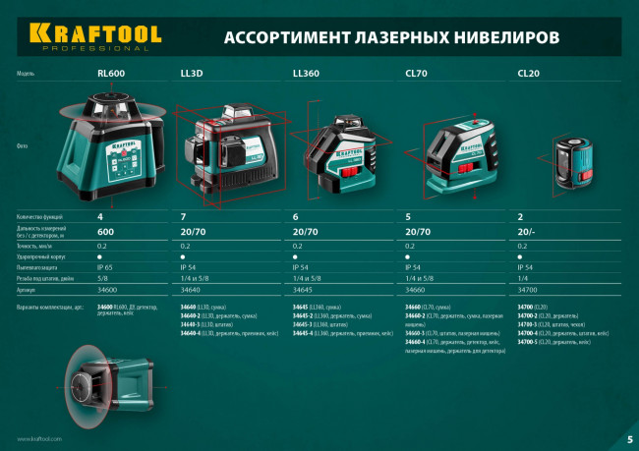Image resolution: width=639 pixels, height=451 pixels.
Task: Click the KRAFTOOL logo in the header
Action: coord(94,34)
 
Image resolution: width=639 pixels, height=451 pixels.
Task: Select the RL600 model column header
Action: coord(110,74)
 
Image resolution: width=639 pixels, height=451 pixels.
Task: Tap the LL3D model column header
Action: coord(191,74)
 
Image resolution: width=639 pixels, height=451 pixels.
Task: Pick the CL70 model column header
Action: coord(417,74)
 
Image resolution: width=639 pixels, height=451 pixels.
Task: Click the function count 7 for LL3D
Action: coord(183,216)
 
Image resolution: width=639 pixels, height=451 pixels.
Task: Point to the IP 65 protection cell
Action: coord(106,267)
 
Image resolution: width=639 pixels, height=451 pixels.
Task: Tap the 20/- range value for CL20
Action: coord(527,231)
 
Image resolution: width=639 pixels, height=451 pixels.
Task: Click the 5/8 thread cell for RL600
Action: coord(102,279)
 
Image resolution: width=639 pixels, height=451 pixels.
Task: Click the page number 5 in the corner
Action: coord(629,438)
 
